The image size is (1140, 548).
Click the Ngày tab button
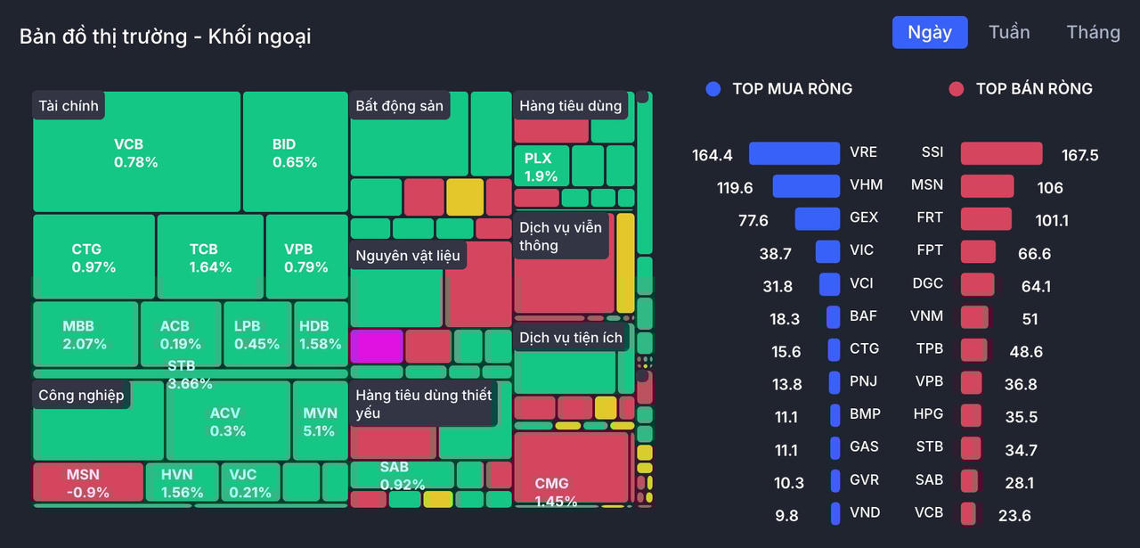[x=930, y=33]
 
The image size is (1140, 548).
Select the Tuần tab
[x=1009, y=33]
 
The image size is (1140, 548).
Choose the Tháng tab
[x=1093, y=33]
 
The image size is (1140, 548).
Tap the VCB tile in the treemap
[x=136, y=152]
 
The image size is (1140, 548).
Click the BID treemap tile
[x=295, y=152]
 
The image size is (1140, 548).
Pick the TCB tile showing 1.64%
[x=210, y=258]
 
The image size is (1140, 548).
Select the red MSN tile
[x=88, y=482]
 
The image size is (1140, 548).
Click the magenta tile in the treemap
[x=377, y=346]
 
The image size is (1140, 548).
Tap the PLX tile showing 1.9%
[x=541, y=166]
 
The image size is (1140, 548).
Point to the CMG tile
[x=571, y=469]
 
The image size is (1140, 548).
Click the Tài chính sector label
[x=69, y=106]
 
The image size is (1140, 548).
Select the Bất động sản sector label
[x=399, y=106]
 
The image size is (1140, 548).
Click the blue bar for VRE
[x=794, y=153]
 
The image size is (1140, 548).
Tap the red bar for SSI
[x=1001, y=153]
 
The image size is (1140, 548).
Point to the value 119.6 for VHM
[x=735, y=188]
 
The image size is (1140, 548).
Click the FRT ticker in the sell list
[x=929, y=217]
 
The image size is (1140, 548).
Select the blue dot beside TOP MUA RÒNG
[x=712, y=89]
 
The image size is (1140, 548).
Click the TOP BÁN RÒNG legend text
[x=1034, y=89]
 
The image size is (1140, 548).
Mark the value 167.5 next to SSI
[x=1079, y=155]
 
